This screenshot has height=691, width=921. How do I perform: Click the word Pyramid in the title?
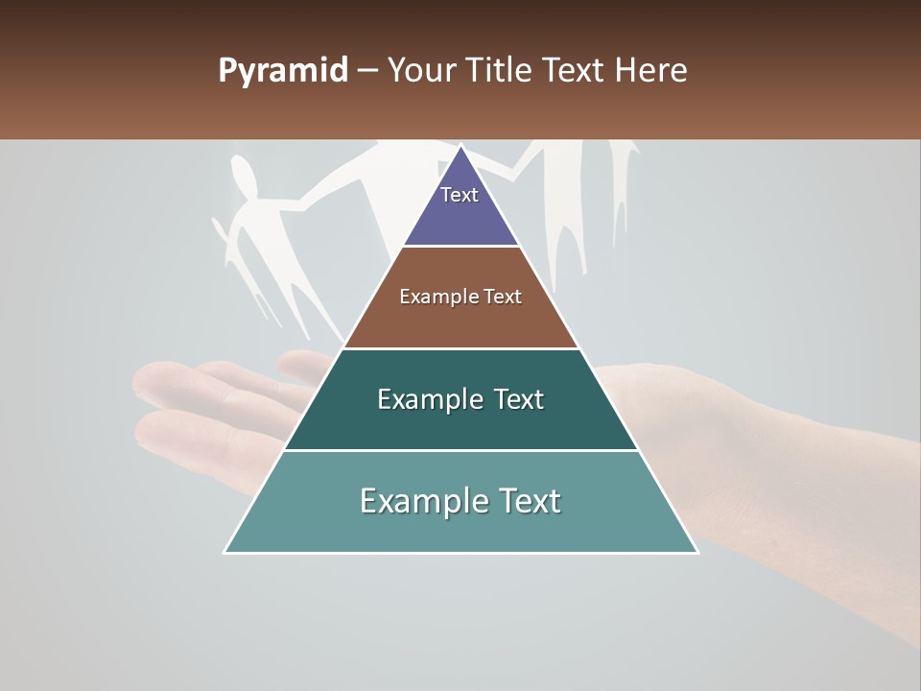coord(282,71)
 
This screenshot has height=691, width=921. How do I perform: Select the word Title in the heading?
coord(500,71)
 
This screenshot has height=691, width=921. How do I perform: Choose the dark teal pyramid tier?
coord(460,422)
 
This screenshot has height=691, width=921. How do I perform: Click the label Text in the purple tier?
coord(460,195)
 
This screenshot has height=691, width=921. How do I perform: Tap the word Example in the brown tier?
coord(427,297)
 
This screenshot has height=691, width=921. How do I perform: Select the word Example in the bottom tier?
coord(414,501)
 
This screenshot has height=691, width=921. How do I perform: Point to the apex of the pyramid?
coord(461,147)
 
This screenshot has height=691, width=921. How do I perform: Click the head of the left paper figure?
coord(245,179)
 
